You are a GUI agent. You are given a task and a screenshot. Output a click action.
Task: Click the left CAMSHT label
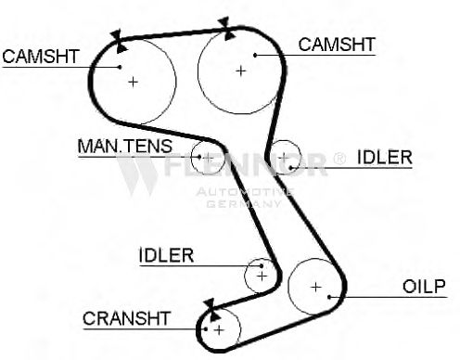(x=41, y=57)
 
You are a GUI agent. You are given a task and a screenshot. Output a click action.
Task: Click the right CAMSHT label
(x=337, y=45)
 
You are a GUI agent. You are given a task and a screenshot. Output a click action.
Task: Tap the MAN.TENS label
(x=125, y=146)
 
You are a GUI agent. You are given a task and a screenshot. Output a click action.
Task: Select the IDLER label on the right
(x=385, y=157)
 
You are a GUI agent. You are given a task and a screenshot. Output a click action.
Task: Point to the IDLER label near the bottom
(x=166, y=255)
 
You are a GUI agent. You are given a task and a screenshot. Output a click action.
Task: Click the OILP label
(x=424, y=287)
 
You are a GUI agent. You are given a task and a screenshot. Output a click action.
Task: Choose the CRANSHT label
(x=126, y=318)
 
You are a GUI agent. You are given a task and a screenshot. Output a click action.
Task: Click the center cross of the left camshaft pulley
(x=133, y=82)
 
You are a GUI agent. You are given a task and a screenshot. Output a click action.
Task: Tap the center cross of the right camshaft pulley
(x=240, y=71)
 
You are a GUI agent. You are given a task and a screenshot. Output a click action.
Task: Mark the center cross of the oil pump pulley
(x=315, y=288)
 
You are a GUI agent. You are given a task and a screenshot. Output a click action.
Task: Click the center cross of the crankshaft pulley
(x=219, y=330)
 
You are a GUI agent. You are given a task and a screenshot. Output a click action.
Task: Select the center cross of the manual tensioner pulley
(x=209, y=158)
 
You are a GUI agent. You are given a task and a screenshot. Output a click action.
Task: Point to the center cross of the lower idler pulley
(x=262, y=276)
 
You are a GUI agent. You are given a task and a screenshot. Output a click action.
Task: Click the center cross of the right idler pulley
(x=284, y=159)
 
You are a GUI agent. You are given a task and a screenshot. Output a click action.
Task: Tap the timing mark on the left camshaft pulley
(x=119, y=41)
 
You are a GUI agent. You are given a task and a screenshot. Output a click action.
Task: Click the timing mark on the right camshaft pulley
(x=226, y=29)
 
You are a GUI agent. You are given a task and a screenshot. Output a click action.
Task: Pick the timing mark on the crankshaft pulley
(x=212, y=310)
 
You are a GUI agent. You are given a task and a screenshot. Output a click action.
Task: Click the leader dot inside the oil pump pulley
(x=329, y=297)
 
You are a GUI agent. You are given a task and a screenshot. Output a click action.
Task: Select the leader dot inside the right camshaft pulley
(x=255, y=56)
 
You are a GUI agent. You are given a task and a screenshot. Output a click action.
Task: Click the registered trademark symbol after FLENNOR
(x=339, y=159)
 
